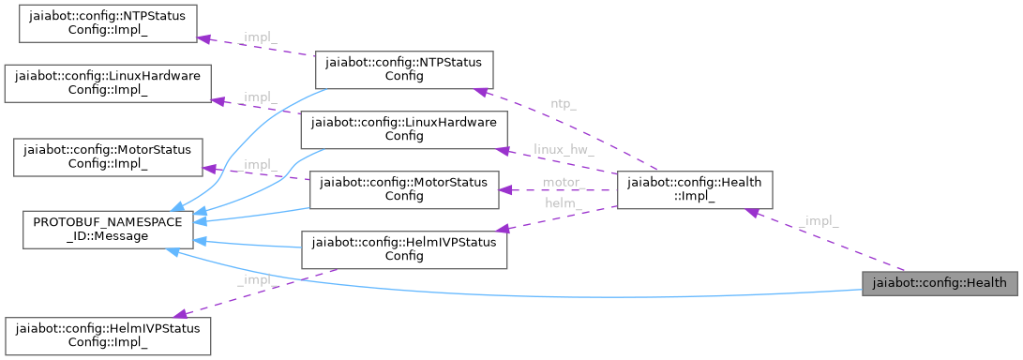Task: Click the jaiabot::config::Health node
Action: (939, 282)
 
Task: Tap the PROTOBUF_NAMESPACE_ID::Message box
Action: (108, 231)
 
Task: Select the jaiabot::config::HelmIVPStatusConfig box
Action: (403, 247)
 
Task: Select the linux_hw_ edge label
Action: (564, 149)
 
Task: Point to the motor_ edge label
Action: (563, 181)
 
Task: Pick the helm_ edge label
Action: (562, 202)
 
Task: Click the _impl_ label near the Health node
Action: (820, 221)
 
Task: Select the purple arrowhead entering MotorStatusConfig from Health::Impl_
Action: (504, 189)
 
